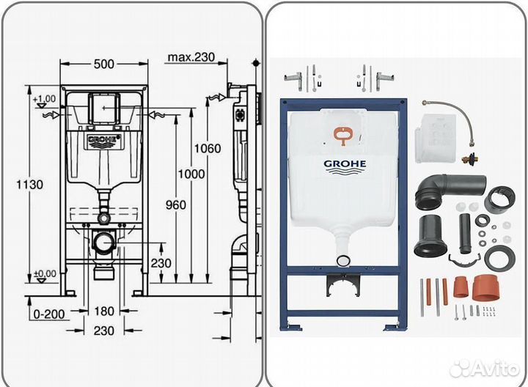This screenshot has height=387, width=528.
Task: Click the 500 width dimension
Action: point(104,64)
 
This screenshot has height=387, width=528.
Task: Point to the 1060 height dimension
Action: point(207,148)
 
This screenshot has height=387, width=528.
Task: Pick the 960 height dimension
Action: point(176,205)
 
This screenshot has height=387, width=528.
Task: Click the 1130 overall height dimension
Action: point(21,184)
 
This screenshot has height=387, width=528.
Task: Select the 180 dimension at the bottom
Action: point(105,312)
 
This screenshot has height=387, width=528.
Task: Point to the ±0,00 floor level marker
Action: point(44,274)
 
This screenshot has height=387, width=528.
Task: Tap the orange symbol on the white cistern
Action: point(342,134)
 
